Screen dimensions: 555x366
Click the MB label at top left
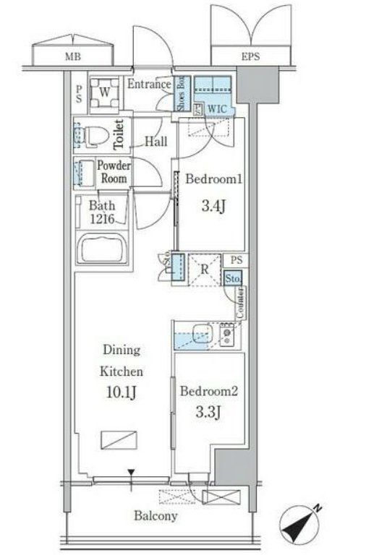(x=71, y=56)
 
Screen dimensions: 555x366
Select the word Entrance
(x=149, y=85)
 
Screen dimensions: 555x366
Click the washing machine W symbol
(x=105, y=92)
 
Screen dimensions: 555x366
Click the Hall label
(x=157, y=142)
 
